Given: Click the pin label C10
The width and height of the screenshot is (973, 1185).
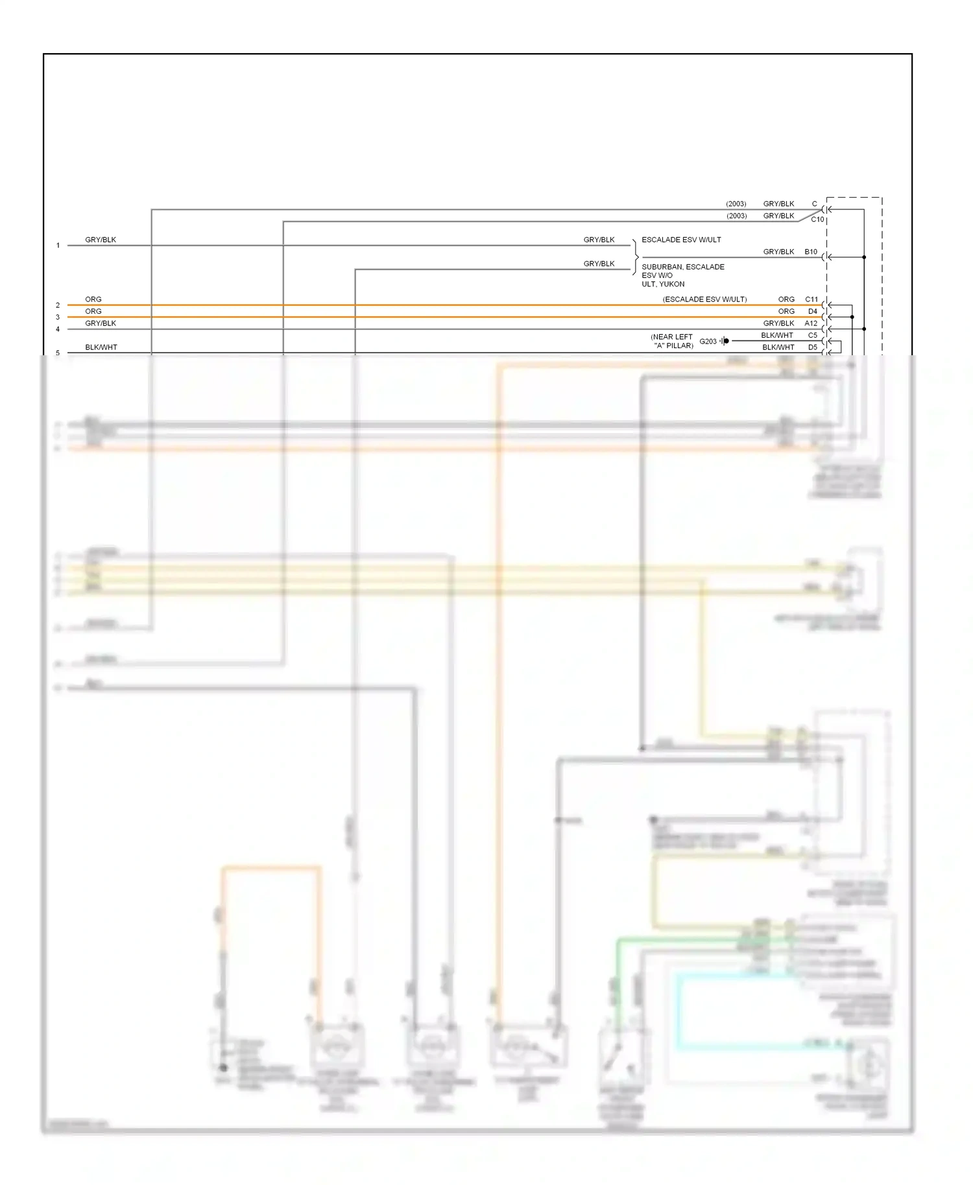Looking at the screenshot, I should [817, 219].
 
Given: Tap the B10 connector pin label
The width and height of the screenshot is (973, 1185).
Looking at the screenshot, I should [811, 252].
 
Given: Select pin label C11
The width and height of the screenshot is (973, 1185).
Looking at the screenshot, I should [811, 299].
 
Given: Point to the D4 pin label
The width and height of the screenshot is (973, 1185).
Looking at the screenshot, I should [813, 311].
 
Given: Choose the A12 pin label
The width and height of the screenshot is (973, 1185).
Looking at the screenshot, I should [811, 323].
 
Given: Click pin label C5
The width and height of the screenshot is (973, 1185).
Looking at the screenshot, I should [813, 335].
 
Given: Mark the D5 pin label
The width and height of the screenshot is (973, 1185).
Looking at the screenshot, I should [813, 347].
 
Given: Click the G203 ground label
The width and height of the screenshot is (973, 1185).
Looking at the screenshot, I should [708, 341].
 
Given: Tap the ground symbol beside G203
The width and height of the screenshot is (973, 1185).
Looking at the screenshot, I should [725, 341].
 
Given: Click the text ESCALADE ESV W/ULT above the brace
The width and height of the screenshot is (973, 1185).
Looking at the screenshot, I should [681, 240].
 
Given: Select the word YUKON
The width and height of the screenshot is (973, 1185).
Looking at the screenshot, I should [673, 284].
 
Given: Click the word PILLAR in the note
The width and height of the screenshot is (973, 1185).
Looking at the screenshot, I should [680, 346].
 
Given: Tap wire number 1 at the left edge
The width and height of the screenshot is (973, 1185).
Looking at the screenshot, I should [58, 246].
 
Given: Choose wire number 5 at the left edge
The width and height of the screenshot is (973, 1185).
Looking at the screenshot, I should [58, 353].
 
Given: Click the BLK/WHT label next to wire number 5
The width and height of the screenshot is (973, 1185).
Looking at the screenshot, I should [101, 347].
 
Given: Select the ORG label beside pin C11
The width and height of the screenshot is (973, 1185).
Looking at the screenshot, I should [786, 299].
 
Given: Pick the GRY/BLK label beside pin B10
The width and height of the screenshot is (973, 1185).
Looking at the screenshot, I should [778, 252].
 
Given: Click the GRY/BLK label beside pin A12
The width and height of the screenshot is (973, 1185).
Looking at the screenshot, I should [778, 323].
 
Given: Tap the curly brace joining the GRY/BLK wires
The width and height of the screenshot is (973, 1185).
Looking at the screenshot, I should [635, 257].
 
